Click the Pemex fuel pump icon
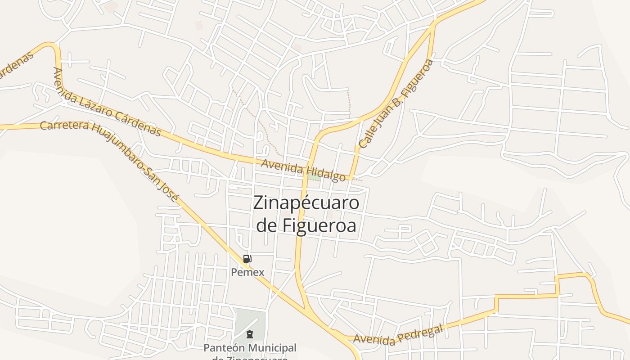[x=247, y=259]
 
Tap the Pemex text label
[x=247, y=272]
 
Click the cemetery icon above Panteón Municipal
[x=249, y=334]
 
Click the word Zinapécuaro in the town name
[x=306, y=203]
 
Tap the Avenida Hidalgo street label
[x=303, y=170]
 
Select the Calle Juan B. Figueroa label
[x=396, y=103]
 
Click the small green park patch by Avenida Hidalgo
[x=315, y=178]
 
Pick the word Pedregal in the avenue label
[x=420, y=331]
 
